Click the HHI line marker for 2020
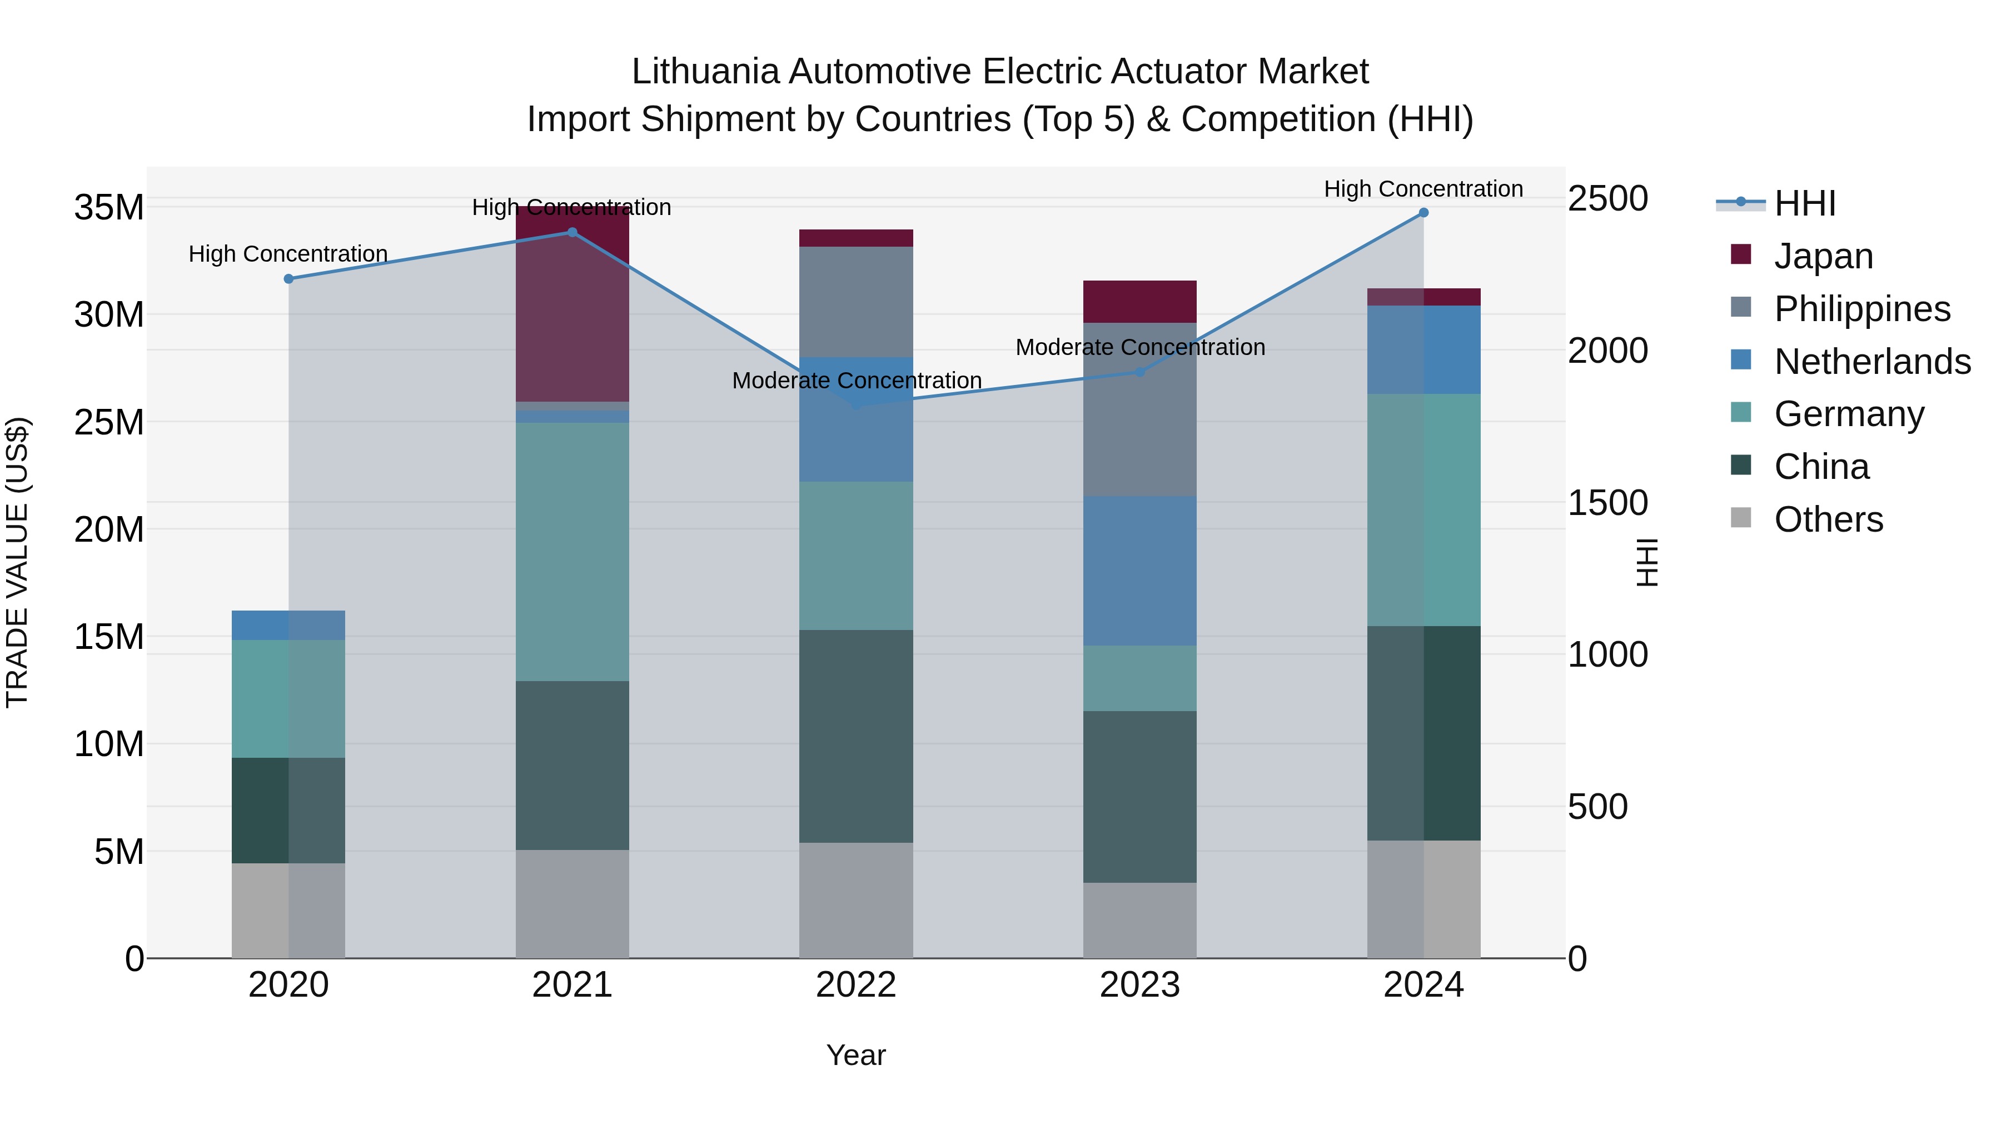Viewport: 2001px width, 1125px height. pos(288,279)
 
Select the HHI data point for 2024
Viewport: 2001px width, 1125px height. pos(1423,213)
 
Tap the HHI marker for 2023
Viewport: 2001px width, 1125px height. pos(1139,372)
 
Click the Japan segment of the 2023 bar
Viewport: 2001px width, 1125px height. pos(1139,301)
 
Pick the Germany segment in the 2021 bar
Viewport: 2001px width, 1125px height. pos(572,551)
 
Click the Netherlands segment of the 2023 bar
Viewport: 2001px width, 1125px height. pos(1139,571)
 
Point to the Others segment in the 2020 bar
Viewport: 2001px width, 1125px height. pos(288,910)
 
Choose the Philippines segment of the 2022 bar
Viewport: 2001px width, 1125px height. pos(856,301)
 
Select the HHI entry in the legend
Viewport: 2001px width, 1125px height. pos(1804,203)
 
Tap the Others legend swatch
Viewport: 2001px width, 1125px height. pos(1741,518)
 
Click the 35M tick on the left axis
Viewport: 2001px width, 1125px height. pos(109,208)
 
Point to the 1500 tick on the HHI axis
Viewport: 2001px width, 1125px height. pos(1607,503)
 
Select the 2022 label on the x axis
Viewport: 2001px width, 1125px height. pos(856,985)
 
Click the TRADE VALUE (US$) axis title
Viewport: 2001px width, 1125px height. pos(17,562)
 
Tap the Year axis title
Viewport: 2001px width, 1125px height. pos(856,1055)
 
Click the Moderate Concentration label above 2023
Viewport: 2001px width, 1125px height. pos(1139,347)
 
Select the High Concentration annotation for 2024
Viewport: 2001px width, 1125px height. pos(1423,189)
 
